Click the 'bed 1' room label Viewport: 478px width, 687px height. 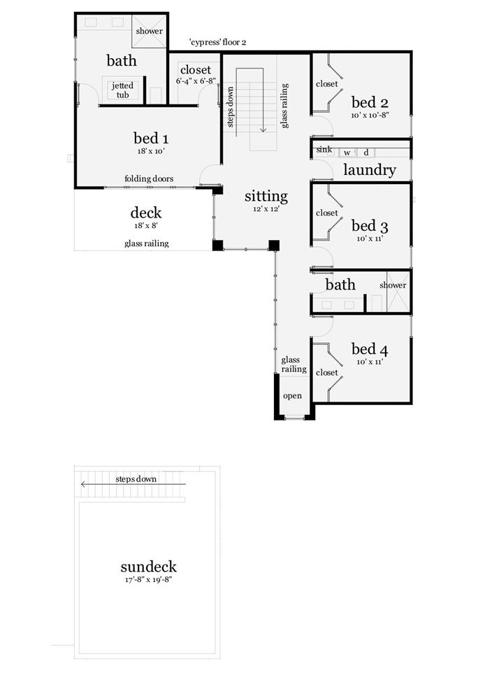pos(151,139)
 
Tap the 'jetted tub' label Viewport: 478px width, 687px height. pos(122,90)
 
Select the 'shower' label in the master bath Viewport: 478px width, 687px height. pos(150,31)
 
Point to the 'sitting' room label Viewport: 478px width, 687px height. pos(266,197)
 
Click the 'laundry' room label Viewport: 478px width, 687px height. pos(370,169)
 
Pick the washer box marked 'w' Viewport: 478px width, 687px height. pos(347,153)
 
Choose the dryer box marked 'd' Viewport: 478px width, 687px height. pos(366,153)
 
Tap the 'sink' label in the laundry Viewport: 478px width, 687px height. pos(324,150)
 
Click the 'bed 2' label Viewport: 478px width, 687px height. pos(370,103)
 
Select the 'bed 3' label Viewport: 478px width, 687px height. pos(370,226)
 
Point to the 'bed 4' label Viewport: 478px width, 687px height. pos(370,349)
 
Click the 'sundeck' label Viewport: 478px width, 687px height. pos(149,567)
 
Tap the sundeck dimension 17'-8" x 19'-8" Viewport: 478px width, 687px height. pos(149,580)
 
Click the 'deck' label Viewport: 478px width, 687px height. pos(146,213)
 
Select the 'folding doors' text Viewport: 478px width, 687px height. pos(149,179)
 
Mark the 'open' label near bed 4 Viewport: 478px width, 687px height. pos(292,396)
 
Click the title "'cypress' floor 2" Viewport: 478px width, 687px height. pos(217,43)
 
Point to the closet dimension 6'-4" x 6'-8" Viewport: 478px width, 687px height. pos(196,81)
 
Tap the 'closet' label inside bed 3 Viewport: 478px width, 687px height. pos(327,213)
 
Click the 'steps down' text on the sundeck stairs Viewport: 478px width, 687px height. pos(136,479)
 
